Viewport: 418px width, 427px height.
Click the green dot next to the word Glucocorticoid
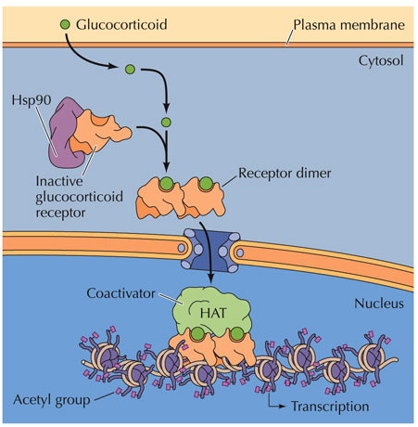point(65,24)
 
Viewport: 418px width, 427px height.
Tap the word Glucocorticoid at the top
point(121,24)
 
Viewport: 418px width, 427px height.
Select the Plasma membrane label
point(348,25)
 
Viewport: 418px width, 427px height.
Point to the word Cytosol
point(381,60)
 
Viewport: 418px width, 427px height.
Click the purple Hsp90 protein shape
point(63,136)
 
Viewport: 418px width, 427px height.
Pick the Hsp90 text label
point(32,100)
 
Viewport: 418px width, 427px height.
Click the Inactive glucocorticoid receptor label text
point(79,197)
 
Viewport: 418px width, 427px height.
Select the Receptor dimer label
point(285,173)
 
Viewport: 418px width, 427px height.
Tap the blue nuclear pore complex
point(210,250)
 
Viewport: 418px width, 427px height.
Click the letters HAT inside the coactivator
point(213,313)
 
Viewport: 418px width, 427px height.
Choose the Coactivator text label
point(120,293)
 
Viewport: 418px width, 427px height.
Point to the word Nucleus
point(379,304)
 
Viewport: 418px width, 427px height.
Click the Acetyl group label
point(52,400)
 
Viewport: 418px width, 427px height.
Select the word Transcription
point(330,407)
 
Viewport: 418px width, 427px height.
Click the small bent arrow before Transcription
point(275,402)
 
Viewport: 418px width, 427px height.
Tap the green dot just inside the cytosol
point(130,69)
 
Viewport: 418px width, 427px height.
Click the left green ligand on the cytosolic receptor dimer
point(167,184)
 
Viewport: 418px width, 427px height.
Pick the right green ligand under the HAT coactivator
point(237,333)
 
